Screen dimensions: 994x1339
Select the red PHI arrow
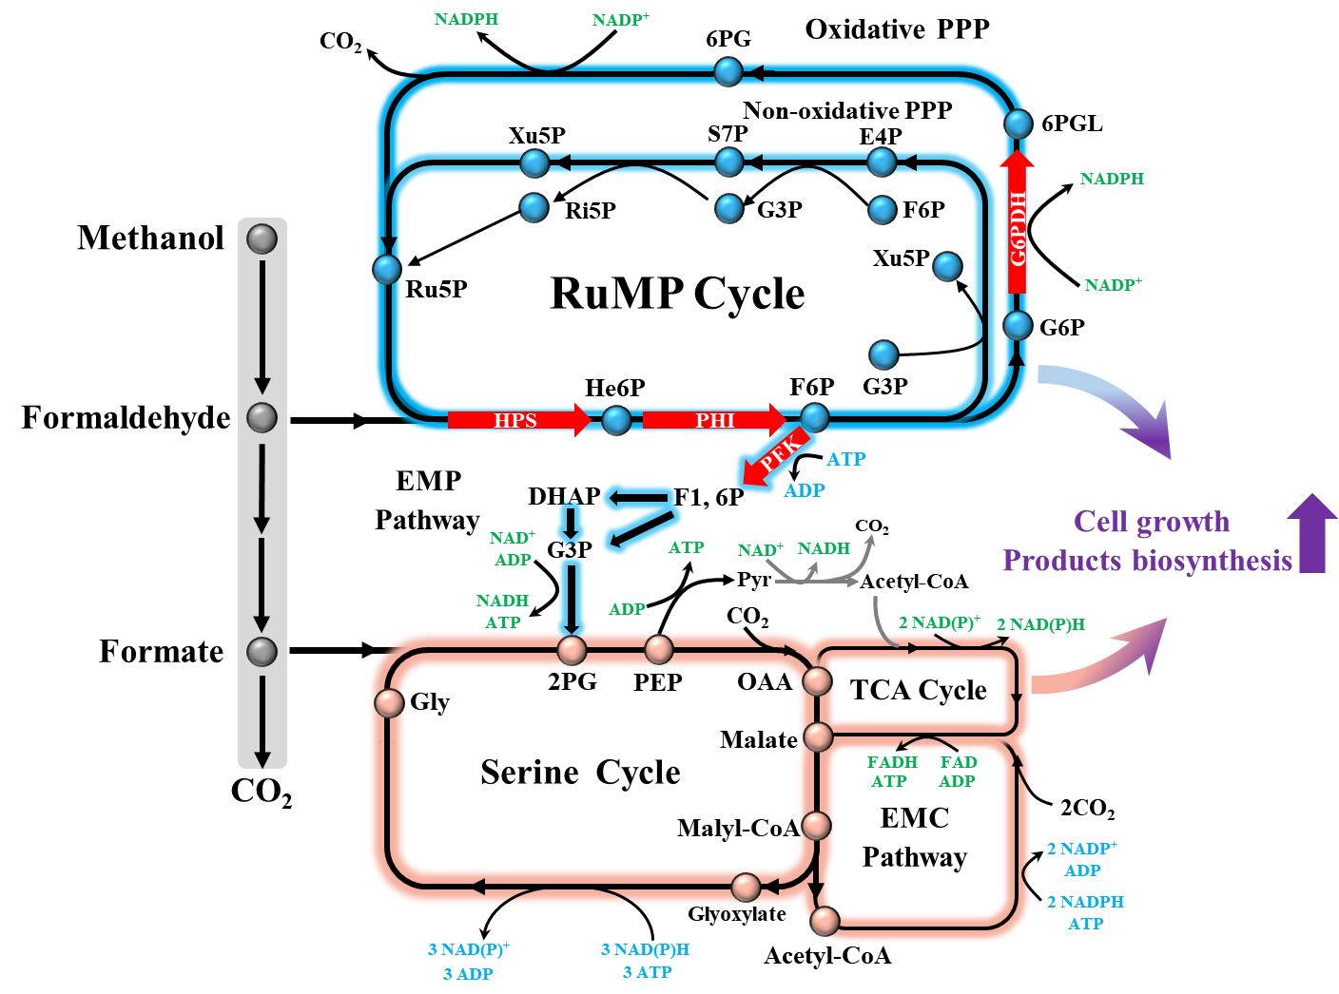714,420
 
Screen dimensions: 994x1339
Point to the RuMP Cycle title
677,293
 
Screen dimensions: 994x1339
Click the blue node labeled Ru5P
387,269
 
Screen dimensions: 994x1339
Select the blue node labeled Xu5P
947,266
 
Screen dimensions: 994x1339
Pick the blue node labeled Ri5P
534,207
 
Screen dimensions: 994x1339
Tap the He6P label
614,388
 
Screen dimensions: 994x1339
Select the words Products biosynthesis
1147,561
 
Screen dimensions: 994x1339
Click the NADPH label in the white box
466,19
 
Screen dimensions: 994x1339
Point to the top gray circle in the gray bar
262,238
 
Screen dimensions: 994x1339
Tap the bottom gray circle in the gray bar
262,652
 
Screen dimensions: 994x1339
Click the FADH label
892,762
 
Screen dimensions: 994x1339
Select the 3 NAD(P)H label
645,949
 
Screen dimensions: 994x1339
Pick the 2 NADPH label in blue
1085,902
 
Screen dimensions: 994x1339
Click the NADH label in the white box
824,548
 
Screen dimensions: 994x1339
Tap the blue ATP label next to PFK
846,459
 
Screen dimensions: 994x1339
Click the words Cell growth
1152,522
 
